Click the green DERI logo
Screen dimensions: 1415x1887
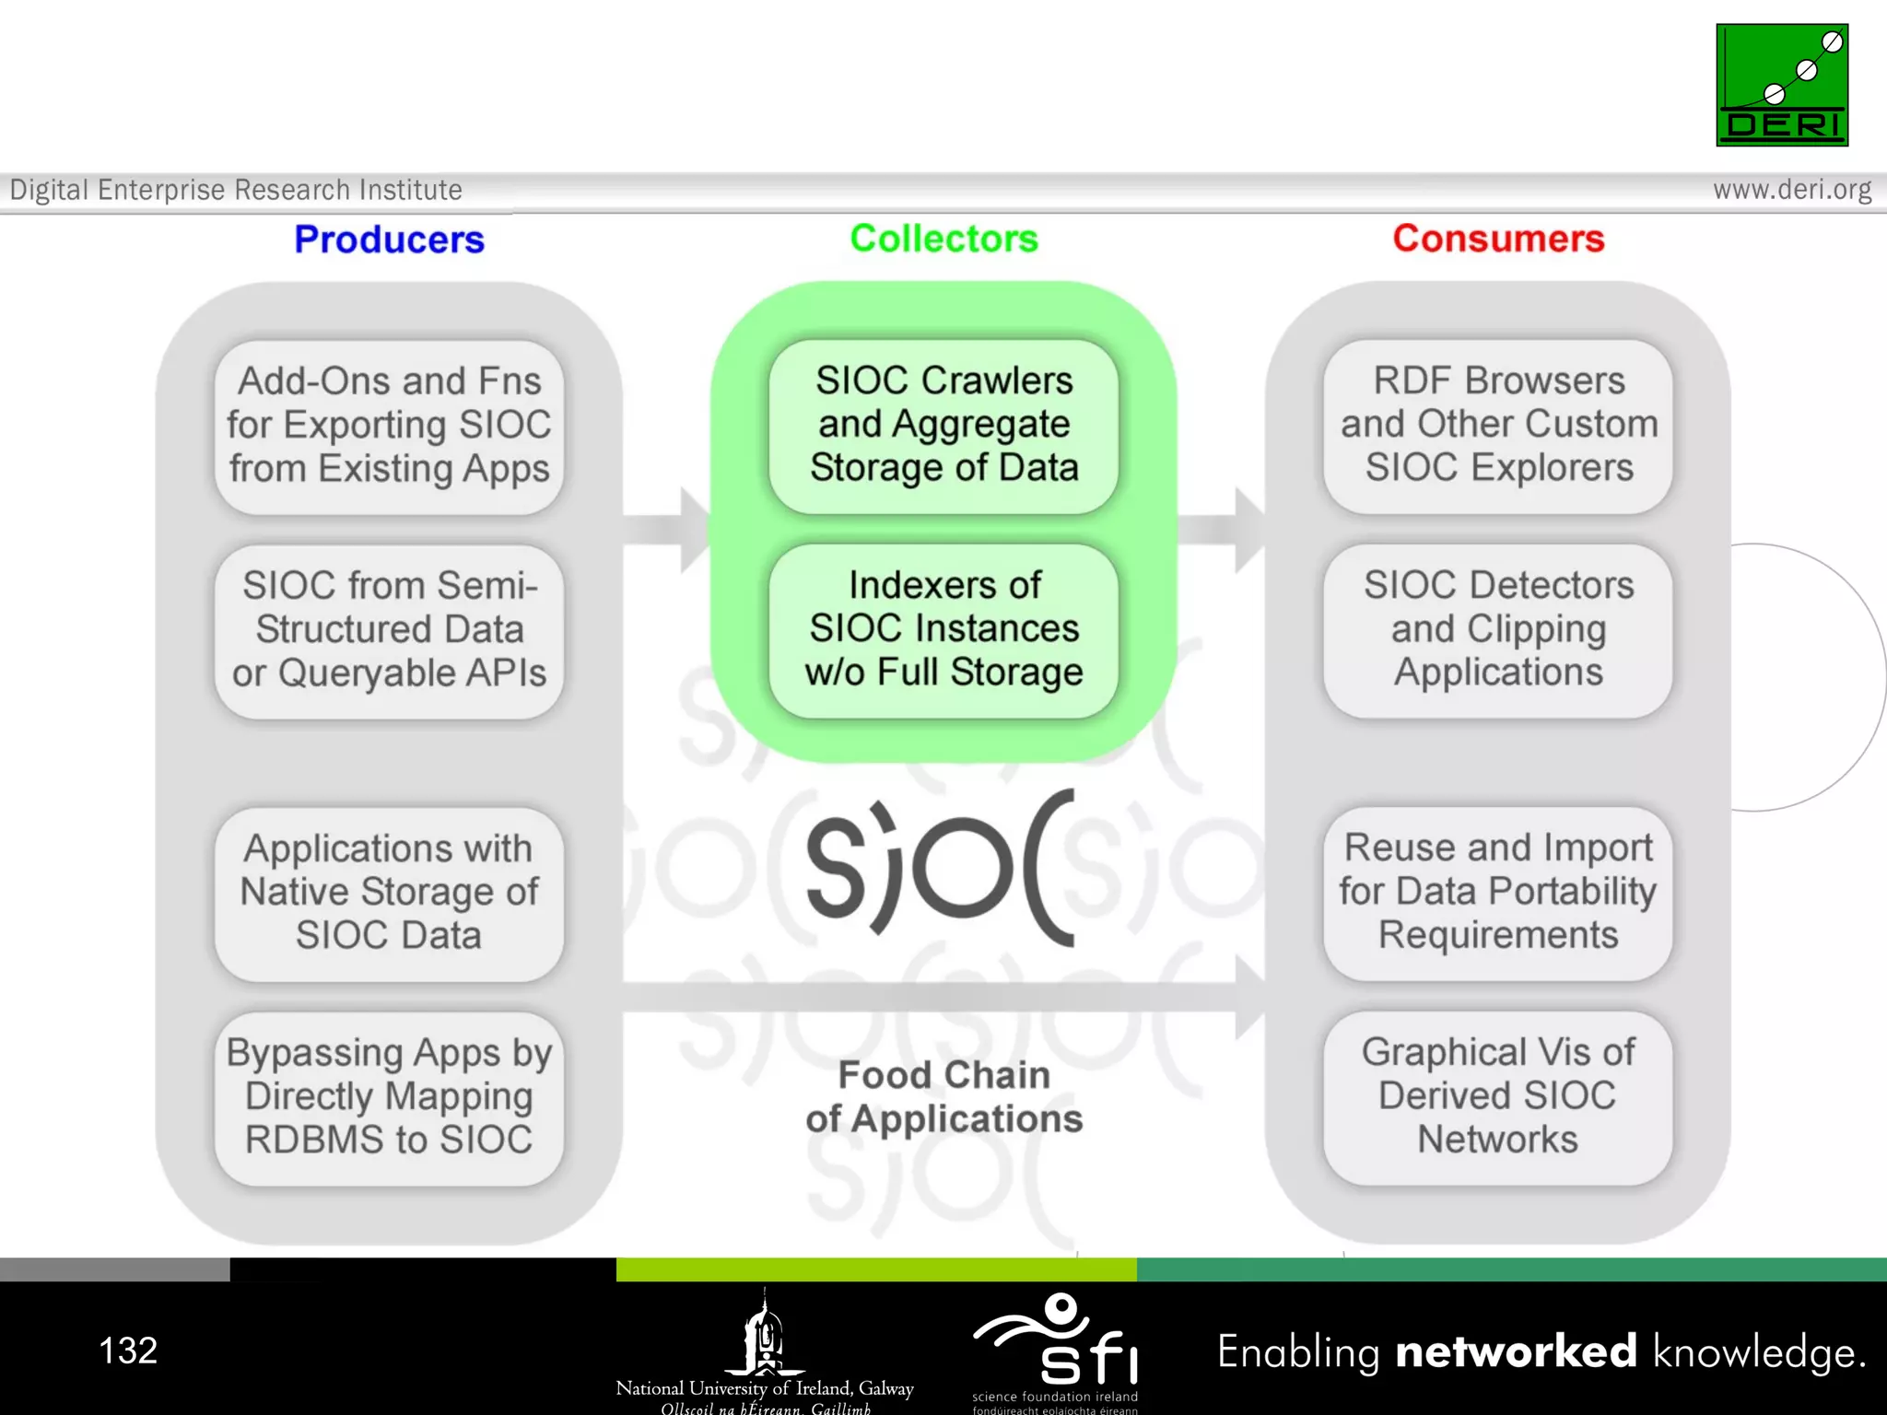[x=1781, y=85]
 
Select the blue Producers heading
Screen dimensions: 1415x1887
[x=389, y=240]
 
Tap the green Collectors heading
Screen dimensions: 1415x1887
[x=943, y=239]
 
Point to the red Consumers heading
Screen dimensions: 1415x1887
[x=1498, y=239]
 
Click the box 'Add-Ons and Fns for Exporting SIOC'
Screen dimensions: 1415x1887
[x=389, y=426]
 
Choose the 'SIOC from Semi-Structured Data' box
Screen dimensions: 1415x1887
[x=389, y=630]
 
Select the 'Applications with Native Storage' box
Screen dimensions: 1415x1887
[x=389, y=892]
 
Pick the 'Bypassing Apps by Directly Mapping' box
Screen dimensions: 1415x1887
[x=389, y=1096]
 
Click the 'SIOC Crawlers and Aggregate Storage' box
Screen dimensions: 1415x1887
[x=943, y=425]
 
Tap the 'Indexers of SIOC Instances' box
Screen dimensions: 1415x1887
[x=943, y=629]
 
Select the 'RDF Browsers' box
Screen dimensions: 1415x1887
[x=1498, y=425]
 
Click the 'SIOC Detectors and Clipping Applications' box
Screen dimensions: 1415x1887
[x=1498, y=629]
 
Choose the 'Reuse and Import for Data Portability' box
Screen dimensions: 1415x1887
[x=1498, y=892]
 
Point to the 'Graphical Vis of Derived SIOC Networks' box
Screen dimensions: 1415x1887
[x=1498, y=1096]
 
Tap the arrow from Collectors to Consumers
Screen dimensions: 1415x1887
[x=1222, y=530]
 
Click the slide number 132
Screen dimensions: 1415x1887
[x=128, y=1351]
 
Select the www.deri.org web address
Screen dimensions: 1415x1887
[x=1791, y=190]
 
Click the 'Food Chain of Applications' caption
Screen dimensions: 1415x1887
[x=943, y=1097]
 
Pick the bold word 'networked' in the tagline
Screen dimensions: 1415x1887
[x=1516, y=1351]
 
